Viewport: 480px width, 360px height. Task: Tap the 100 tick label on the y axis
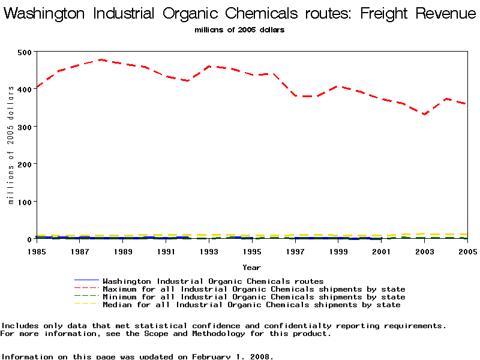(24, 202)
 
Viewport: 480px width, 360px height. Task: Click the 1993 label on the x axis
(209, 251)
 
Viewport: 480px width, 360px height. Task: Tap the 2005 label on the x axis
(467, 251)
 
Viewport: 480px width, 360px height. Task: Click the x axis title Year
(251, 267)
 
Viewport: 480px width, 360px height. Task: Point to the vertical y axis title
(11, 145)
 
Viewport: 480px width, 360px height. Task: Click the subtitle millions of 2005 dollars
(239, 29)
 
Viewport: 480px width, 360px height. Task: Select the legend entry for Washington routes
(213, 281)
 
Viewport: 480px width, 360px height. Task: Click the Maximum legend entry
(254, 289)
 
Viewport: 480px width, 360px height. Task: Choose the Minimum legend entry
(254, 297)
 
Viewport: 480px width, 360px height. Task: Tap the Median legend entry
(251, 305)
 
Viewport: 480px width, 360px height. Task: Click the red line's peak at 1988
(101, 59)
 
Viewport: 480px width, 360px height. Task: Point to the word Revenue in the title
(445, 13)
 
